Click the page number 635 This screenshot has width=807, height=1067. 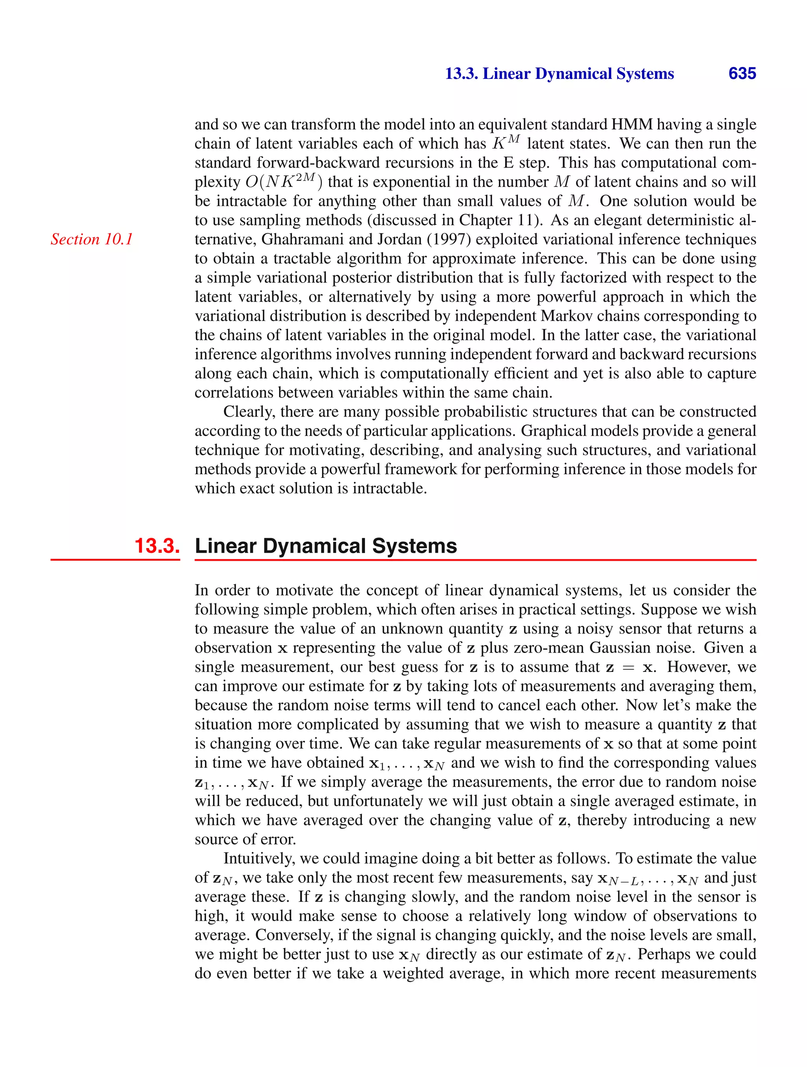pos(742,73)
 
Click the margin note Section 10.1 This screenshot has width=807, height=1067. pos(91,239)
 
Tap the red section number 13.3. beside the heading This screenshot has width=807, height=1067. pos(157,546)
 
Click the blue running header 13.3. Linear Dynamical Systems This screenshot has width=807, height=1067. pos(559,74)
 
